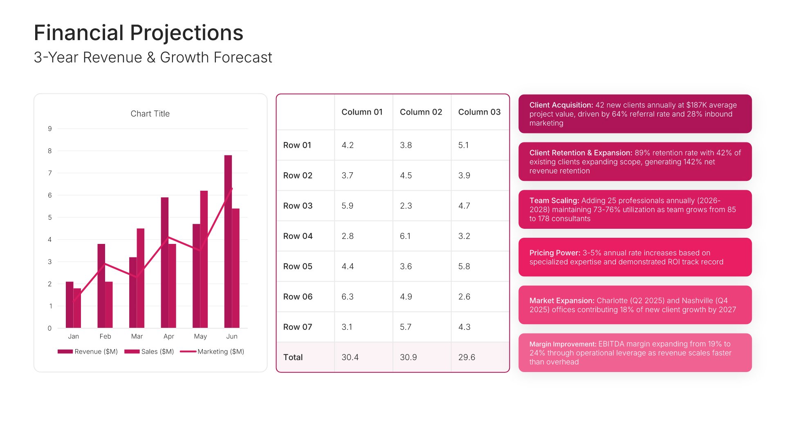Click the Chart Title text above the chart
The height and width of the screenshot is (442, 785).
pyautogui.click(x=150, y=114)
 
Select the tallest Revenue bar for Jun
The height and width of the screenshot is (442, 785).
pyautogui.click(x=228, y=241)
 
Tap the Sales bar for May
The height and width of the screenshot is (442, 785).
pyautogui.click(x=204, y=259)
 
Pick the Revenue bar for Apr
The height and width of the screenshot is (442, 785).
pyautogui.click(x=164, y=262)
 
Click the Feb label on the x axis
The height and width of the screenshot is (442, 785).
pyautogui.click(x=105, y=336)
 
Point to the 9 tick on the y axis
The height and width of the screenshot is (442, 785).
pyautogui.click(x=50, y=129)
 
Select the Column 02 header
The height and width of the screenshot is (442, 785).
pyautogui.click(x=421, y=112)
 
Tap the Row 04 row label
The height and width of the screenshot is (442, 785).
pyautogui.click(x=298, y=236)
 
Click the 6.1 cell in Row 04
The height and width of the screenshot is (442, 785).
pyautogui.click(x=405, y=236)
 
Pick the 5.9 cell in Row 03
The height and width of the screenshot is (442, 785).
pyautogui.click(x=347, y=206)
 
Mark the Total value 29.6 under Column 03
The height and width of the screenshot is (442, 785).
pyautogui.click(x=467, y=357)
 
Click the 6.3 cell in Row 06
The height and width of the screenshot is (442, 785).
pyautogui.click(x=347, y=297)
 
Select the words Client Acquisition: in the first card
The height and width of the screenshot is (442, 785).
pyautogui.click(x=561, y=105)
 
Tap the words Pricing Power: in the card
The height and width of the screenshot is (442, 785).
pyautogui.click(x=555, y=253)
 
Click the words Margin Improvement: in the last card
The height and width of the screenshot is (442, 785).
pyautogui.click(x=563, y=344)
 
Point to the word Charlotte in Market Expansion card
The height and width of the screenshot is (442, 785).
pyautogui.click(x=612, y=301)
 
